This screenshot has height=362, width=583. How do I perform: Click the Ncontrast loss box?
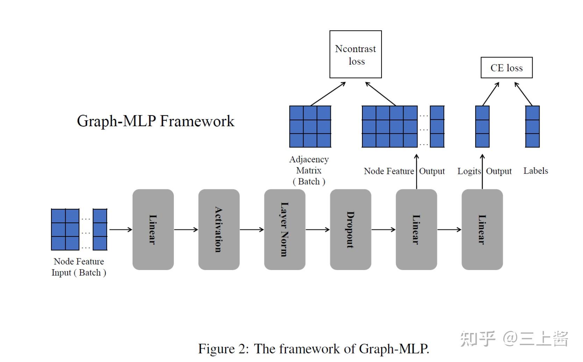[x=355, y=54]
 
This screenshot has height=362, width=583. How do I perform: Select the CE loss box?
[x=506, y=68]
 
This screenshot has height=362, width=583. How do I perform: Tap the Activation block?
[x=219, y=229]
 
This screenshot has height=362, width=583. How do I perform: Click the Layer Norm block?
[x=284, y=229]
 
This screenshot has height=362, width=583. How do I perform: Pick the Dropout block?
[x=350, y=229]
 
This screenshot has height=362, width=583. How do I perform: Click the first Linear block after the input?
[x=153, y=229]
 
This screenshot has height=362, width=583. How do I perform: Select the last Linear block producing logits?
[x=482, y=229]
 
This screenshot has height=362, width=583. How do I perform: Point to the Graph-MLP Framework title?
[x=156, y=121]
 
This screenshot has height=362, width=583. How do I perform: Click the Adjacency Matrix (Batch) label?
[x=309, y=170]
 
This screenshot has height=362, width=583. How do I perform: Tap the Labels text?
[x=535, y=171]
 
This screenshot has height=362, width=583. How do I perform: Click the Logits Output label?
[x=484, y=171]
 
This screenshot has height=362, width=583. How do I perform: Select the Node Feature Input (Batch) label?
[x=79, y=267]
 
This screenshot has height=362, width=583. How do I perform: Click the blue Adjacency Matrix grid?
[x=310, y=126]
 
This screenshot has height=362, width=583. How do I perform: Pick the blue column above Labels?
[x=532, y=126]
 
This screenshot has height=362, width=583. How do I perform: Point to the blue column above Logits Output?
[x=482, y=126]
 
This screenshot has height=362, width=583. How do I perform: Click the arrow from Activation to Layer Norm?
[x=252, y=229]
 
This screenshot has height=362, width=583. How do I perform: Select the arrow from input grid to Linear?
[x=120, y=229]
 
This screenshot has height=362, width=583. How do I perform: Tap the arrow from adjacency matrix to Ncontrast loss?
[x=328, y=94]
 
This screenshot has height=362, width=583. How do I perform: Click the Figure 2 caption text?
[x=313, y=349]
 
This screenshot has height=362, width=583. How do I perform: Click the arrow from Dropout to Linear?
[x=383, y=229]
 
